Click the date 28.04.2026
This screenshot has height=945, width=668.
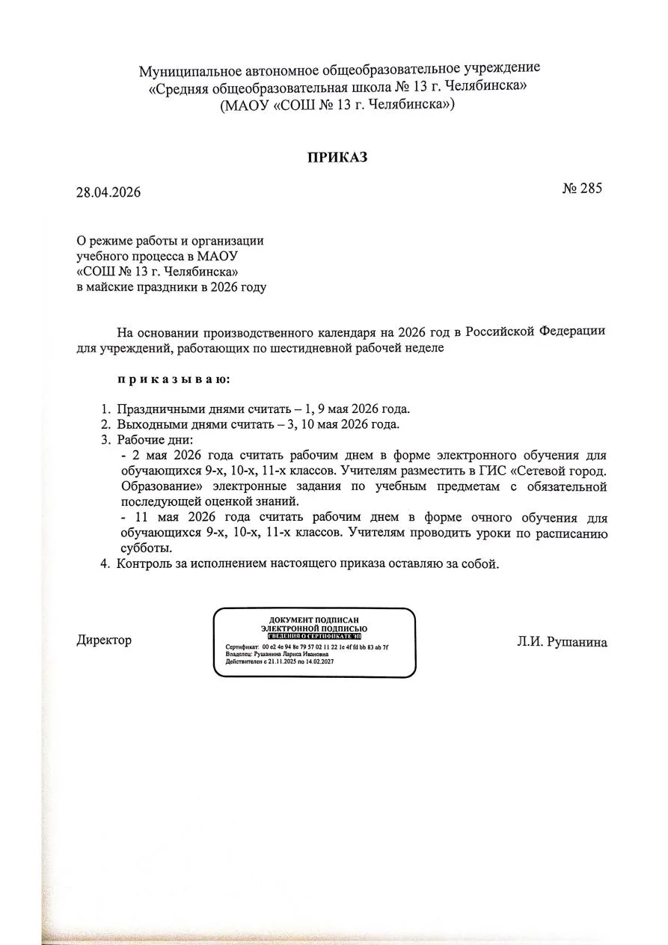(108, 192)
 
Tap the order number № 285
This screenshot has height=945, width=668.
(581, 188)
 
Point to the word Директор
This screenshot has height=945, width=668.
(104, 640)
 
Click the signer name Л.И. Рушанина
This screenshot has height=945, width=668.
(561, 641)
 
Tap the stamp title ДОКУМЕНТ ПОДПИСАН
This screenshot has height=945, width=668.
(314, 620)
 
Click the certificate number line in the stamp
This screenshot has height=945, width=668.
(307, 646)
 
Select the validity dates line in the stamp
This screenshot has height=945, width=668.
(279, 662)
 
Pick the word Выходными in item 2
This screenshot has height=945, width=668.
(148, 423)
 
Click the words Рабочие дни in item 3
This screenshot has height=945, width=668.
(154, 439)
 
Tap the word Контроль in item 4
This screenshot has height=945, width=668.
(143, 563)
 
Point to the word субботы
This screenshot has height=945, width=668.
(142, 548)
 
